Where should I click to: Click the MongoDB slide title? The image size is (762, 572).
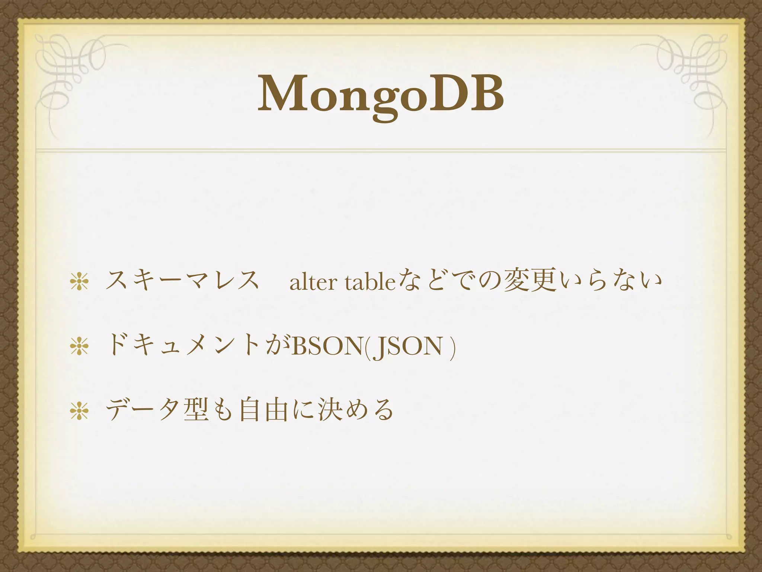click(x=381, y=95)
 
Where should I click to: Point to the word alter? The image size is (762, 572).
click(x=312, y=283)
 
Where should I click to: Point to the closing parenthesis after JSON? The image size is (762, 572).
click(x=452, y=348)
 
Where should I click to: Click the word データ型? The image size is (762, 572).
click(x=156, y=410)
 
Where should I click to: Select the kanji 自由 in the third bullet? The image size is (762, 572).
click(x=264, y=410)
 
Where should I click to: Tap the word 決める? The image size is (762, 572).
click(x=355, y=410)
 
